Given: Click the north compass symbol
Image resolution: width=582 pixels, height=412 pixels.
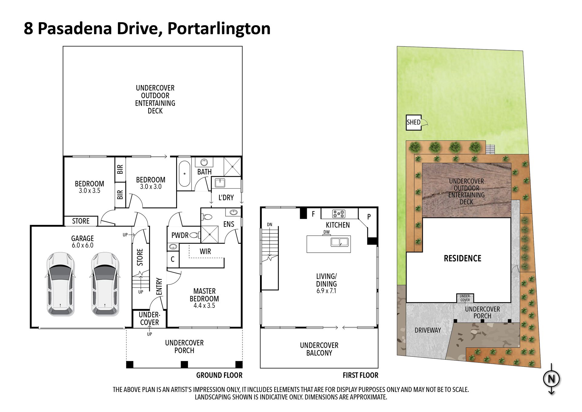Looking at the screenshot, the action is pos(551,379).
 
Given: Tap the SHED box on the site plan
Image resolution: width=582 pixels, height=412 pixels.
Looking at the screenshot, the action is pos(414,122).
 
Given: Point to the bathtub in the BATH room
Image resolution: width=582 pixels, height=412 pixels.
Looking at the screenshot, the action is pos(184,174).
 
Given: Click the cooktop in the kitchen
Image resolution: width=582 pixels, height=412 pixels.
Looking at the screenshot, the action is pos(339,214).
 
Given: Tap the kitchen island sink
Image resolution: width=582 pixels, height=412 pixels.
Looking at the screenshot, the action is pos(339,242).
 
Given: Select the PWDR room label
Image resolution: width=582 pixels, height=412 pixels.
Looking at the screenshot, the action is pos(180,235).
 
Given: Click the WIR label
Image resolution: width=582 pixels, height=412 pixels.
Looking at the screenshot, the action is pos(205,251).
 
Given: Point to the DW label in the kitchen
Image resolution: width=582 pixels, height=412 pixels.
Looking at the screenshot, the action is pos(326,232).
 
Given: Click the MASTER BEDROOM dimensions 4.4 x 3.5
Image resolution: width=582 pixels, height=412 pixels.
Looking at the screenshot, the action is pos(204,306).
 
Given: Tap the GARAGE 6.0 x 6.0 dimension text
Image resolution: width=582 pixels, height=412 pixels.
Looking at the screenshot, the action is pos(82,245).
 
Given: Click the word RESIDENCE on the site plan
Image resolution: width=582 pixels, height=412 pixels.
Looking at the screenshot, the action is pos(463,258).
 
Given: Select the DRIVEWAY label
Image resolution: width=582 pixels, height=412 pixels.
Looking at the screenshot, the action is pos(428,330).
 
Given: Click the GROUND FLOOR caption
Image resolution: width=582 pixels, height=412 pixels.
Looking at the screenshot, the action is pos(219,375).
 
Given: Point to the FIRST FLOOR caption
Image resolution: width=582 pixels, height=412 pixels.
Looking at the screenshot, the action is pos(360,375).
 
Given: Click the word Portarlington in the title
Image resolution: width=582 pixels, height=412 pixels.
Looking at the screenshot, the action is pos(219,29).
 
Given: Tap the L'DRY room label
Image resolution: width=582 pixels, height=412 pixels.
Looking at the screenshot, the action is pos(226,198).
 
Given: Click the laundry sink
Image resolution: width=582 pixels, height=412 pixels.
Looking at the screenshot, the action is pos(220,183).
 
